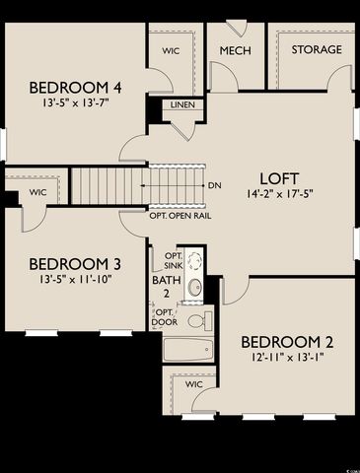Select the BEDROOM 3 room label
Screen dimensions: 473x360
pyautogui.click(x=74, y=264)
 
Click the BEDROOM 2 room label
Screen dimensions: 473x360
pyautogui.click(x=287, y=342)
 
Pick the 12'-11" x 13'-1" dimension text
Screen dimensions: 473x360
pyautogui.click(x=287, y=359)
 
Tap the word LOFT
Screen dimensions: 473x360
pyautogui.click(x=279, y=178)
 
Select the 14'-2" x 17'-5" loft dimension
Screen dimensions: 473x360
pyautogui.click(x=279, y=195)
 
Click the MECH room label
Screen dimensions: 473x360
pyautogui.click(x=234, y=50)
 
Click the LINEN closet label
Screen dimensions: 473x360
pyautogui.click(x=182, y=104)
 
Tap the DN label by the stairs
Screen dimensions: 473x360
pyautogui.click(x=216, y=185)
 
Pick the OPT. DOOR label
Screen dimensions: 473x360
pyautogui.click(x=164, y=317)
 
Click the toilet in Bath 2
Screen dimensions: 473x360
pyautogui.click(x=196, y=320)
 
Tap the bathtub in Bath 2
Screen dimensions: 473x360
pyautogui.click(x=187, y=349)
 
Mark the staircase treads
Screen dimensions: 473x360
pyautogui.click(x=108, y=185)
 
